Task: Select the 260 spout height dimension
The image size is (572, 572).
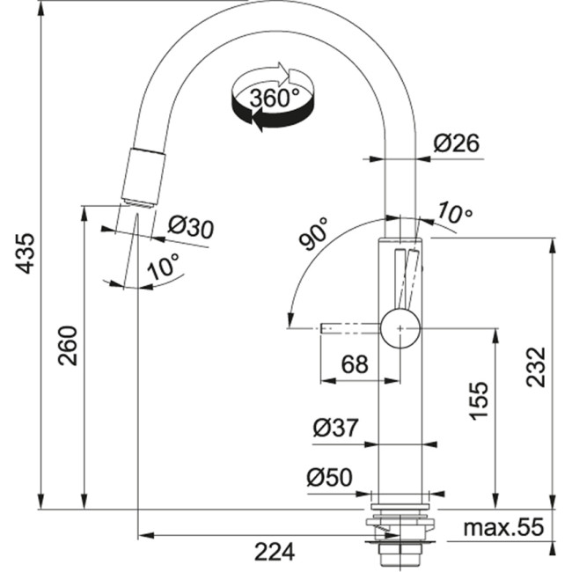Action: (x=68, y=346)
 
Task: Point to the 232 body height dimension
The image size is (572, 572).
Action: (x=539, y=367)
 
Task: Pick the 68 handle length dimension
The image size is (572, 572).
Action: (x=354, y=364)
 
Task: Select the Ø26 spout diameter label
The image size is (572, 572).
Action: (x=457, y=143)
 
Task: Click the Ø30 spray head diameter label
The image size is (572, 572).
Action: (x=190, y=228)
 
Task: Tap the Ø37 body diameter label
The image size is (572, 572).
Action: (x=335, y=429)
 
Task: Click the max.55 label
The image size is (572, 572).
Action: (x=504, y=528)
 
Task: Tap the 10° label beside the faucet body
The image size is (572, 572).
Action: (x=455, y=213)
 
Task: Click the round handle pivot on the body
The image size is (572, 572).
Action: (x=401, y=328)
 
